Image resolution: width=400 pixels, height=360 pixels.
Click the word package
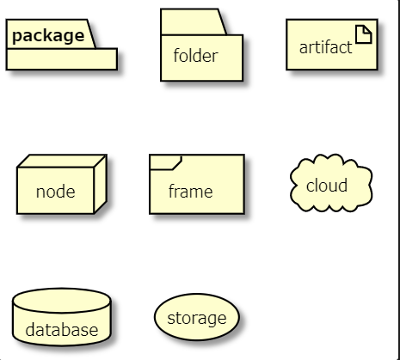coord(48,36)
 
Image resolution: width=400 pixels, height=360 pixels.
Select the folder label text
coord(195,55)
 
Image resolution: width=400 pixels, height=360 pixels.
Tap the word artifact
coord(325,47)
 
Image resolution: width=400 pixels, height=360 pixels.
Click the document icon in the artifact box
coord(364,34)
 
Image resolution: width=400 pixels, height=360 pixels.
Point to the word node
coord(56,192)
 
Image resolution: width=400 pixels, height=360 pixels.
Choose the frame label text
coord(190,191)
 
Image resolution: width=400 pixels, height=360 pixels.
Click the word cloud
coord(327,185)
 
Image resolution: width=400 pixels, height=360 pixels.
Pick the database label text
coord(62,329)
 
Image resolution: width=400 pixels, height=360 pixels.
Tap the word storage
coord(197,319)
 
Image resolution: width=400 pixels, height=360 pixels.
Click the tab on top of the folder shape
coord(194,22)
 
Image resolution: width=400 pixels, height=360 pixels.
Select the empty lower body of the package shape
coord(62,59)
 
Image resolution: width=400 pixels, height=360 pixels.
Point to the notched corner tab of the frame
coord(165,162)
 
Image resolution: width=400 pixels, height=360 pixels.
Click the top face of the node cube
coord(62,161)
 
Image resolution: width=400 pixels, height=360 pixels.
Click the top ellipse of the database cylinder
coord(61,301)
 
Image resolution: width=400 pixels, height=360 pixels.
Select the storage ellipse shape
coord(197,317)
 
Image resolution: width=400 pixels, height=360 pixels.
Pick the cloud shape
coord(331,183)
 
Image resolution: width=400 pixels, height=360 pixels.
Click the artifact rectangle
coord(332,45)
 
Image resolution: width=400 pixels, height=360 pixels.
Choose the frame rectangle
coord(197,184)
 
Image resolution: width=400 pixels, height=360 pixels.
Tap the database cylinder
coord(62,317)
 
